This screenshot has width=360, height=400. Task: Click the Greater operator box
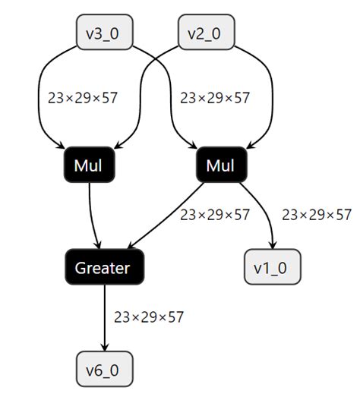coord(103,267)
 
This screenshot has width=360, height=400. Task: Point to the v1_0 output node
coord(272,267)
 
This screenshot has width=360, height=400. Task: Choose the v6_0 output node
coord(103,372)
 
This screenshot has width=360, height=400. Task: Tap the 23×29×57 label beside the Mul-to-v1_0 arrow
coord(317,215)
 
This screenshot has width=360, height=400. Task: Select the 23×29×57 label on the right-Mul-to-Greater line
coord(214,215)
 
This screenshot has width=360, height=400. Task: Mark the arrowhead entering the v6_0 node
coord(103,349)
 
